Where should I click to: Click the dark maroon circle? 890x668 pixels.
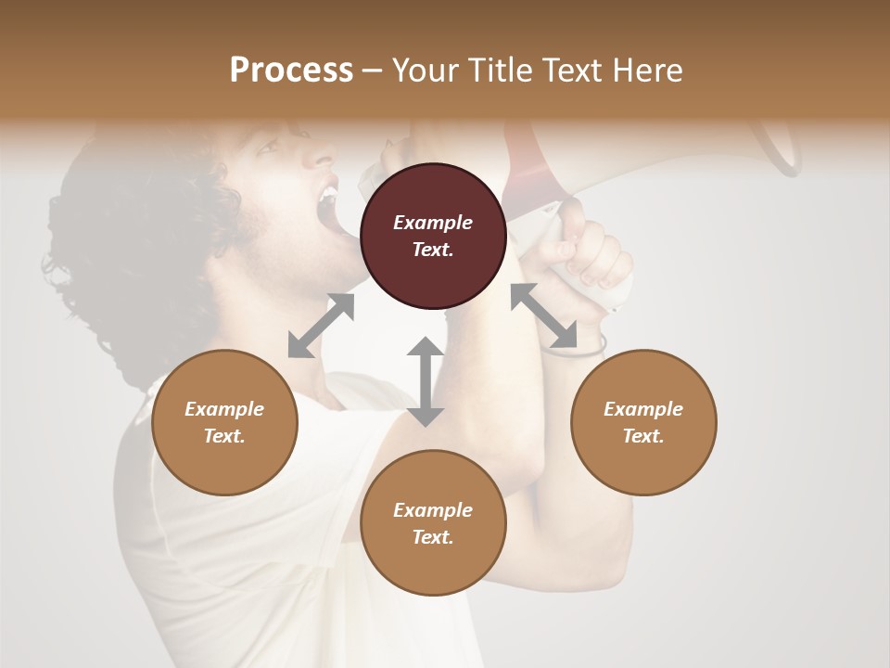[433, 237]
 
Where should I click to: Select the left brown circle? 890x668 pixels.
[224, 423]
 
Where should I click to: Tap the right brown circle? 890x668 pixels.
[643, 423]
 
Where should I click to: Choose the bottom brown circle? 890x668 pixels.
[433, 523]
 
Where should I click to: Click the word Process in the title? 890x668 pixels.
[291, 71]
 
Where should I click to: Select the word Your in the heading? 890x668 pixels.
[426, 71]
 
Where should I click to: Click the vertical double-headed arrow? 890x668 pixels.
[426, 381]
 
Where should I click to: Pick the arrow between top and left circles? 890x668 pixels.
[321, 326]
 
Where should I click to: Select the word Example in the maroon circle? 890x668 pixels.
[433, 223]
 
